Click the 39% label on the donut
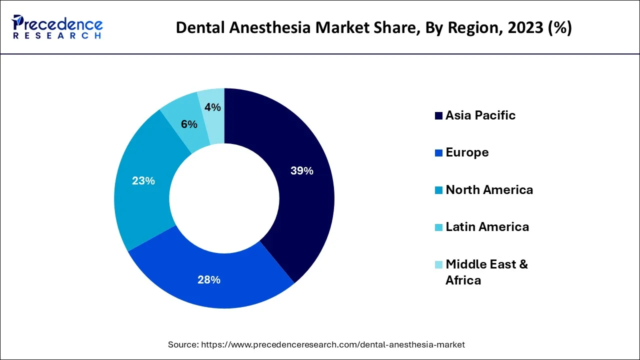click(301, 171)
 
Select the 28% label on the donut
click(209, 280)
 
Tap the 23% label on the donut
click(143, 181)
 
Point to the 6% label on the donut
click(189, 124)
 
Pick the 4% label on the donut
click(213, 107)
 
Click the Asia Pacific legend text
click(480, 115)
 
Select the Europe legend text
click(467, 152)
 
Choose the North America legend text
click(489, 190)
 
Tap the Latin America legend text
click(487, 227)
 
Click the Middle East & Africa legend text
click(486, 272)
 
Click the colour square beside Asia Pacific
click(438, 116)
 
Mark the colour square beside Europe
click(438, 153)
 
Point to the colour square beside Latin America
click(438, 227)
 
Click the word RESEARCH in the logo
click(57, 36)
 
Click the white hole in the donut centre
click(224, 198)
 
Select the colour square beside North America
click(438, 190)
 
